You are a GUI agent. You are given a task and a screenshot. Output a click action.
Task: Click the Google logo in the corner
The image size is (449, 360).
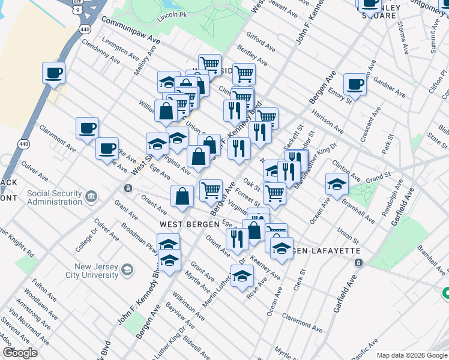(20, 353)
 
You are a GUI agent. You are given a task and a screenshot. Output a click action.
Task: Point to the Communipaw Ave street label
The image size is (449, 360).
(130, 29)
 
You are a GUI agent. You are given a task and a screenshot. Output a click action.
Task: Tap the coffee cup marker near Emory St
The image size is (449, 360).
(355, 85)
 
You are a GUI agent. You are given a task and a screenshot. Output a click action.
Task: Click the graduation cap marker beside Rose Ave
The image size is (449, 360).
(242, 277)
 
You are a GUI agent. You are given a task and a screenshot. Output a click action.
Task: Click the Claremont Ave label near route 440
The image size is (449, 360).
(58, 139)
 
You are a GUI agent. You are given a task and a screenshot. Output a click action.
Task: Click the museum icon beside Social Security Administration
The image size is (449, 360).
(91, 196)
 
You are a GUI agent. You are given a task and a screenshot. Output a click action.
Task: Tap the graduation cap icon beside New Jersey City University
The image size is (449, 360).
(127, 269)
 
